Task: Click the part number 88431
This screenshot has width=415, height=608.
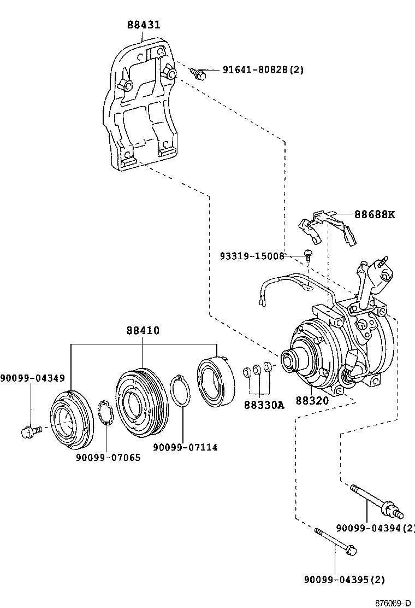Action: [144, 25]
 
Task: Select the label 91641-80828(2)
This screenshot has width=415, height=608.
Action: [263, 70]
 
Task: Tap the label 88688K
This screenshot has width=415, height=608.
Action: [373, 214]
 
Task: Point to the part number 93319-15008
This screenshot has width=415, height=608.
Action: [252, 255]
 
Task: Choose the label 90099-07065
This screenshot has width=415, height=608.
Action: [108, 457]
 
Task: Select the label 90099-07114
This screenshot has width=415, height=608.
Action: [185, 447]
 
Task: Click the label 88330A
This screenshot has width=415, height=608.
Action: [264, 405]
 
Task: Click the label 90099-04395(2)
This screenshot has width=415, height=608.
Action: [345, 580]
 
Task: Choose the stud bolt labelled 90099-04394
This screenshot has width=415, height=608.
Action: [377, 500]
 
